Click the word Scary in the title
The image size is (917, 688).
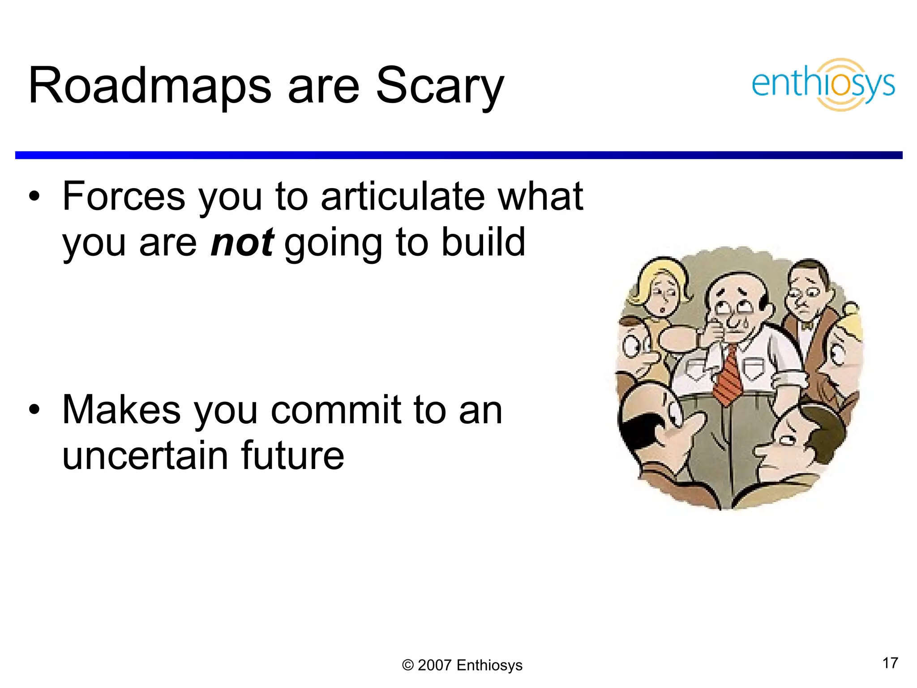(x=440, y=86)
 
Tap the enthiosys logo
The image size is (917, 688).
(x=823, y=84)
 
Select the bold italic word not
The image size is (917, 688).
(x=242, y=242)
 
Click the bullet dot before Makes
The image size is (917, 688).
(x=34, y=409)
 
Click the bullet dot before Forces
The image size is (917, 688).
(x=34, y=196)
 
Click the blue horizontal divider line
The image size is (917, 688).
(x=458, y=155)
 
